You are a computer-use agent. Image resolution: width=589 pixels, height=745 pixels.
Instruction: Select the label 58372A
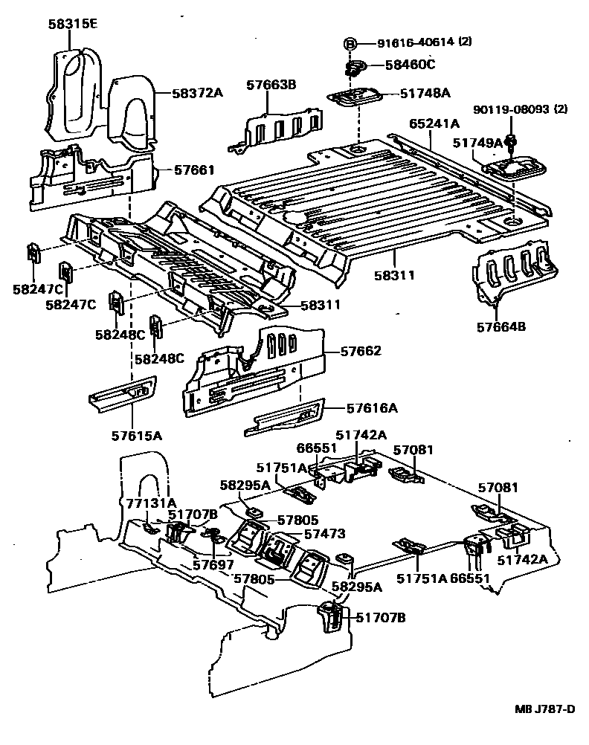[198, 93]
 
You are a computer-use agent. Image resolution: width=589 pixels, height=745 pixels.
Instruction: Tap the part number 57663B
[271, 86]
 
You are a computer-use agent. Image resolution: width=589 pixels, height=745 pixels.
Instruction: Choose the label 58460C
[410, 65]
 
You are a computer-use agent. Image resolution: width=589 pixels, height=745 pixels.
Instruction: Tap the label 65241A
[434, 123]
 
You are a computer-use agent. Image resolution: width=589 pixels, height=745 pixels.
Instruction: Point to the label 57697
[212, 565]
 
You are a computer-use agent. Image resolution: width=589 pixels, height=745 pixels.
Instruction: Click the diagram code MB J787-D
[544, 708]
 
